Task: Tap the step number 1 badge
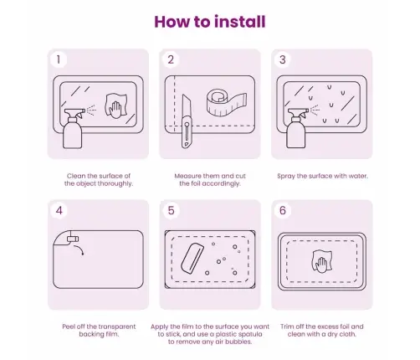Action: pos(59,59)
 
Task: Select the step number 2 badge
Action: pos(171,59)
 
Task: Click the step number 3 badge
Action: pos(283,59)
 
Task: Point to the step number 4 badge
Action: pos(59,210)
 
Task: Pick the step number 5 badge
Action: pos(171,210)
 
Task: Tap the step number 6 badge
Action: pos(283,210)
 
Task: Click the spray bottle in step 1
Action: pos(73,128)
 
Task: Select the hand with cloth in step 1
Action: pos(116,106)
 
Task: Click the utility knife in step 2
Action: pos(187,121)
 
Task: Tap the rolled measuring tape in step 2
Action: pos(227,102)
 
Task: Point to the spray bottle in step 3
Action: pos(297,128)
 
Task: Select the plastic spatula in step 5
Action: pos(192,259)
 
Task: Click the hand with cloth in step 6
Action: pos(322,261)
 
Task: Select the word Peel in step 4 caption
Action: pos(69,327)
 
